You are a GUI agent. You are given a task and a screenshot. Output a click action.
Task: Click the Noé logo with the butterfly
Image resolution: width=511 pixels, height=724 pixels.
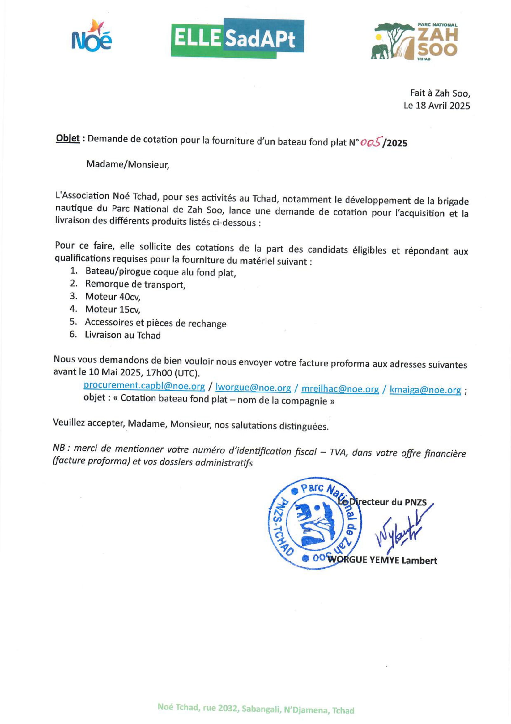pyautogui.click(x=92, y=35)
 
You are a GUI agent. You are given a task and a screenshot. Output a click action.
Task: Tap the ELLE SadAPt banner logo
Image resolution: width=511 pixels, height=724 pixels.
pyautogui.click(x=237, y=38)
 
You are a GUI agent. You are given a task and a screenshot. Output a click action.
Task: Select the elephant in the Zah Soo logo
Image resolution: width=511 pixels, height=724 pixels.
pyautogui.click(x=380, y=51)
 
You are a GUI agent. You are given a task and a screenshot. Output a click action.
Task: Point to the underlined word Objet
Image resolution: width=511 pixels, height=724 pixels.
pyautogui.click(x=67, y=138)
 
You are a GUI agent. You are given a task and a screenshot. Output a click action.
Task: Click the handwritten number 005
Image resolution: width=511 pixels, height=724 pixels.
pyautogui.click(x=371, y=143)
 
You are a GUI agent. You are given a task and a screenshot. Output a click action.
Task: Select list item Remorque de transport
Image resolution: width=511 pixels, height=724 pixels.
pyautogui.click(x=135, y=284)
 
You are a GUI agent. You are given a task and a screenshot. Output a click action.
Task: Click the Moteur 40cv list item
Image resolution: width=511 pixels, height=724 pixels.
pyautogui.click(x=113, y=297)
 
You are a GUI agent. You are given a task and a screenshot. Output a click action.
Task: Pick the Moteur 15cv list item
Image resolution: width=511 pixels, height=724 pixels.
pyautogui.click(x=113, y=309)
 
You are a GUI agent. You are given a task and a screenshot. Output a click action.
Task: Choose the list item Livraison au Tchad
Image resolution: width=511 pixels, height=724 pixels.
pyautogui.click(x=123, y=335)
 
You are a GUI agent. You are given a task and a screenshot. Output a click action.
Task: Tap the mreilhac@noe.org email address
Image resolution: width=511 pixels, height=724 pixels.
pyautogui.click(x=340, y=389)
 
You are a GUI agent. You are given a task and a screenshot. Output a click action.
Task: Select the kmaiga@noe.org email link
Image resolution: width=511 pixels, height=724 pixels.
pyautogui.click(x=425, y=390)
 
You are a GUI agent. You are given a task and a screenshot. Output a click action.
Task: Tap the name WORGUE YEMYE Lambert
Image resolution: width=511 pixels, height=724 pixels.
pyautogui.click(x=382, y=560)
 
